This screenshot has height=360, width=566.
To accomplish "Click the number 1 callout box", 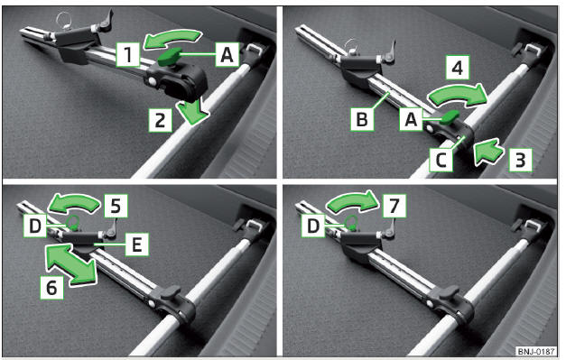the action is point(128,54).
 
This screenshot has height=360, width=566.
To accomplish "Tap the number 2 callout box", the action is point(161,119).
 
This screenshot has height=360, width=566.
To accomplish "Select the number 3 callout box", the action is point(520,160).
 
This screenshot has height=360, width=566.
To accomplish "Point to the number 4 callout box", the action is point(458,67).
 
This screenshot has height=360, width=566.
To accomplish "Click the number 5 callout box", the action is point(116,206).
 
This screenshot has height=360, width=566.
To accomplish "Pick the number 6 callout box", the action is point(51,288).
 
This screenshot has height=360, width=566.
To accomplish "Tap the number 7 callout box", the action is point(394,206).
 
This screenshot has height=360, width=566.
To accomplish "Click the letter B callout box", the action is point(362,119).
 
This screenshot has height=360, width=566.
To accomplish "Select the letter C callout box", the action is point(441,160).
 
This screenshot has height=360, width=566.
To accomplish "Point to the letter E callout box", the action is point(137,245).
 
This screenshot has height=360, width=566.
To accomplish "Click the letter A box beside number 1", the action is point(227,54).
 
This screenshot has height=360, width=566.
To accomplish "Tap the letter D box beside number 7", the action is point(313,226).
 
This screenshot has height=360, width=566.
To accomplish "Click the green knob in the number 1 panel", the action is point(169,57).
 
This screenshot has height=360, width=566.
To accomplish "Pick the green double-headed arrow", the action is point(71,264).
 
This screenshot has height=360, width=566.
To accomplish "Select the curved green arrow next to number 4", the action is point(457,95).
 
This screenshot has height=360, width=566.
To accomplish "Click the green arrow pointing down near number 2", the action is point(192,112).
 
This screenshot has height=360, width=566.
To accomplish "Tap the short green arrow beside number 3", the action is point(488,152).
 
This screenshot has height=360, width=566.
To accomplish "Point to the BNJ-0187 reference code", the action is point(536,351).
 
